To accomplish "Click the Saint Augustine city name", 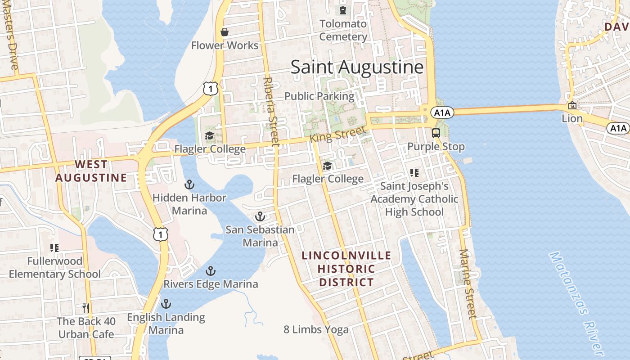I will point(357,67).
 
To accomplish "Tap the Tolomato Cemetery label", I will point(343,30).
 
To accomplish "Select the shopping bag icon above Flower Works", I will point(225,32).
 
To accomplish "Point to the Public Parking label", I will point(319,96).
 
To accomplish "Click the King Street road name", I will point(337,135).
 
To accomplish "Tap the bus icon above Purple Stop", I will point(436,133).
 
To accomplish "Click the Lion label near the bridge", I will point(572,119).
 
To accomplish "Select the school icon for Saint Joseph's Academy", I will point(414,172).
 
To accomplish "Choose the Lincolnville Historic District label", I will point(346,269).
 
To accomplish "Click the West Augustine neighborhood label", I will point(91,171).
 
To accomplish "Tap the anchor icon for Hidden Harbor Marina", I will point(189,184).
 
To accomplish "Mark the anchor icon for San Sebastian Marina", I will point(260,217).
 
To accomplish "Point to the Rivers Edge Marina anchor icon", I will point(210,271).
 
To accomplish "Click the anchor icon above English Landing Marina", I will point(166,304).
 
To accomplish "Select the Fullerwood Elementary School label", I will point(55,267).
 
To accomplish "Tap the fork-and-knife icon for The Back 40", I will point(86,308).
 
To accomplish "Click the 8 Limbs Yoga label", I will point(316,329).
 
